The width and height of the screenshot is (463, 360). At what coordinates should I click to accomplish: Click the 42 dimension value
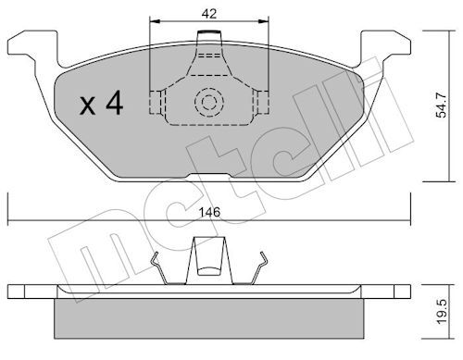point(209,14)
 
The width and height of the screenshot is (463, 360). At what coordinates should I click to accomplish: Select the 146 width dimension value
point(209,212)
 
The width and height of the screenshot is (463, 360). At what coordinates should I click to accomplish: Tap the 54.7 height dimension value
point(441,106)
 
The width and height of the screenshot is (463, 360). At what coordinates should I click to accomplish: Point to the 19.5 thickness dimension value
point(442,312)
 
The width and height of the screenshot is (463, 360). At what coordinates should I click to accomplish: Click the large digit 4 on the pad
point(115,104)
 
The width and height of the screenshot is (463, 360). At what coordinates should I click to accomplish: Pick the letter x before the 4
point(88,106)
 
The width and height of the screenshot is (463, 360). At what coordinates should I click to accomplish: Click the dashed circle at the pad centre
point(209,102)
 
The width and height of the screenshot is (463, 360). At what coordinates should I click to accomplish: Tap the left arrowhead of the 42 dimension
point(156,21)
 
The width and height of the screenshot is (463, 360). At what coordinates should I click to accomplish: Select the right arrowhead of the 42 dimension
point(263,21)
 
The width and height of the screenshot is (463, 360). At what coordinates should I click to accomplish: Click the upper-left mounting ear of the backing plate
point(32,46)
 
